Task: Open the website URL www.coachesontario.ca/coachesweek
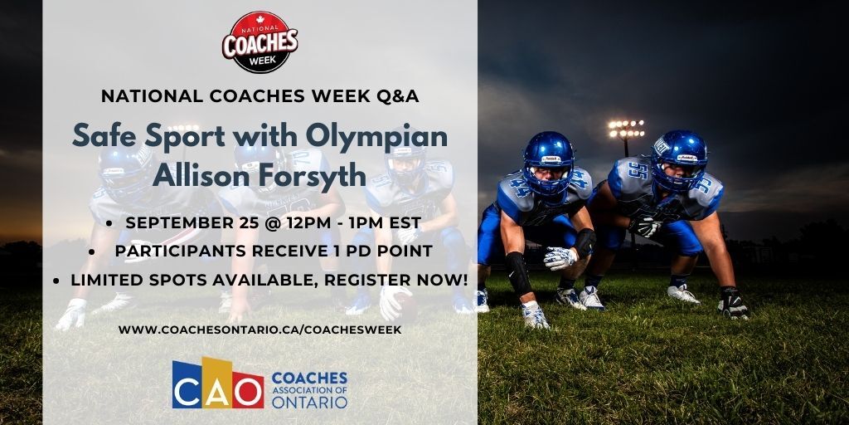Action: (x=260, y=330)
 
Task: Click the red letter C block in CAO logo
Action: (x=187, y=388)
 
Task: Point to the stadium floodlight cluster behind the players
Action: (x=626, y=128)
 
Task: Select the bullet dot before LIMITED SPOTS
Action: (x=56, y=281)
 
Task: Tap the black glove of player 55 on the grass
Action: (x=733, y=303)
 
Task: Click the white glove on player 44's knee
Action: (x=560, y=257)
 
